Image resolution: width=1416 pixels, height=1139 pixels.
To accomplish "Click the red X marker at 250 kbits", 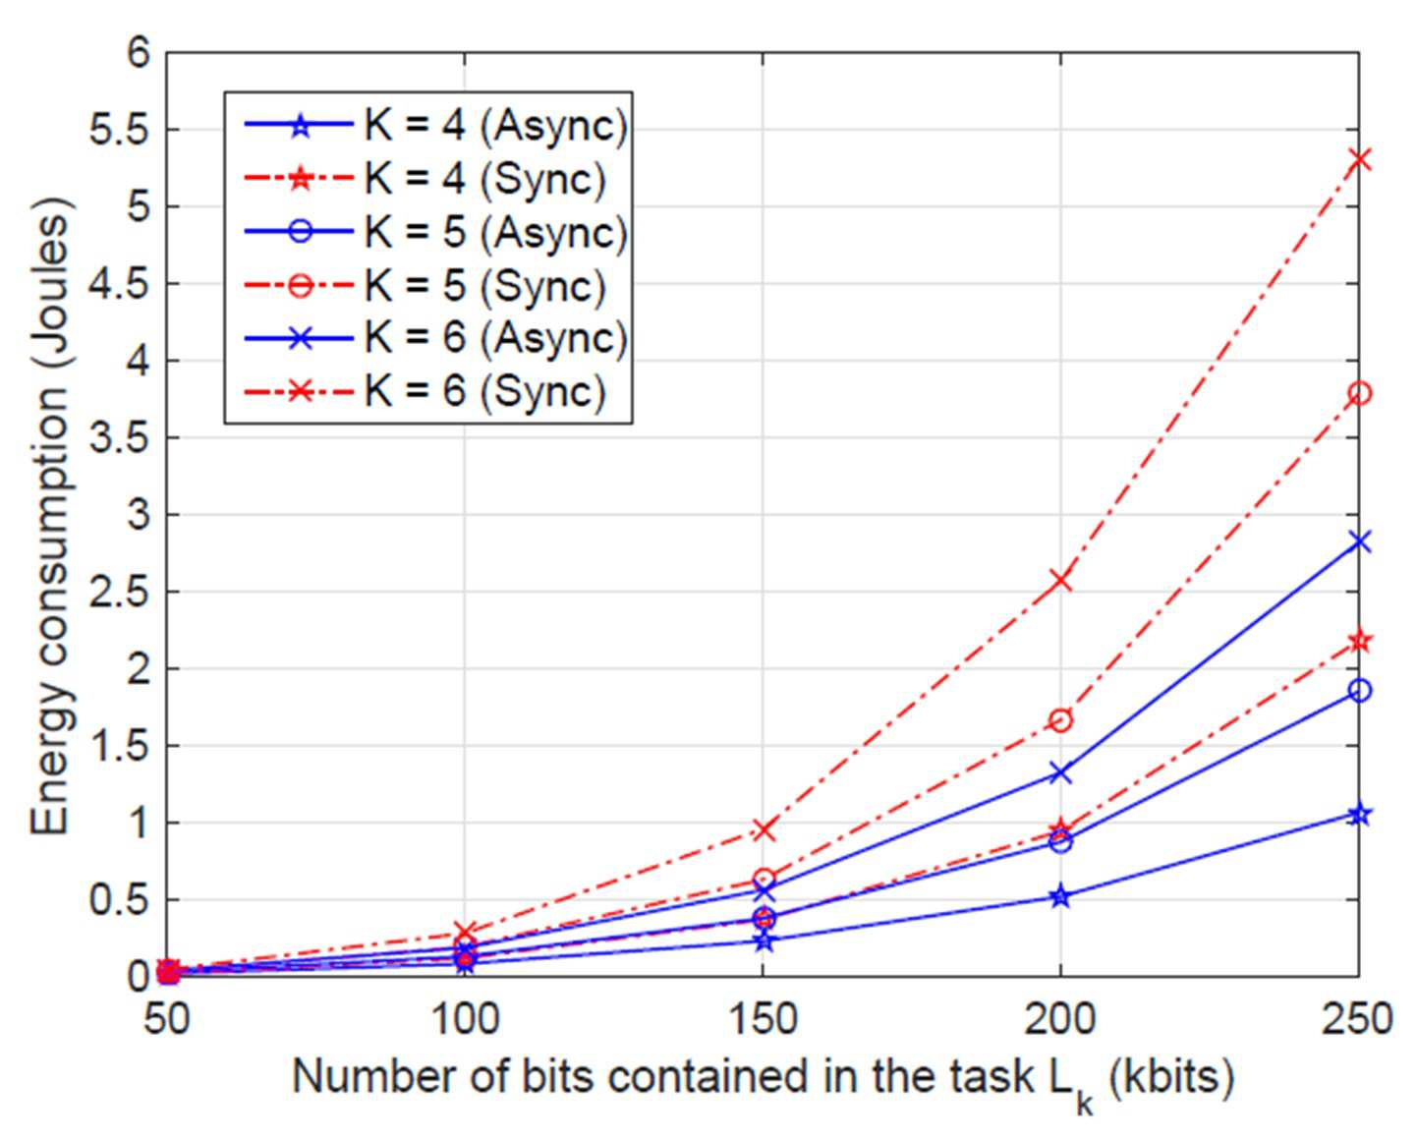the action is pyautogui.click(x=1359, y=160).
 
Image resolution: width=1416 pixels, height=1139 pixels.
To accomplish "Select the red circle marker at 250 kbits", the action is pyautogui.click(x=1359, y=394).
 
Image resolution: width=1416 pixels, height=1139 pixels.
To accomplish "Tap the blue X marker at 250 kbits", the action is pyautogui.click(x=1359, y=542).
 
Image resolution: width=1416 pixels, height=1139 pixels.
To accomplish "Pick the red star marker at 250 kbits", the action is pyautogui.click(x=1359, y=641).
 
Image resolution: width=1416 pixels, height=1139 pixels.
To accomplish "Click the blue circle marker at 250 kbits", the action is pyautogui.click(x=1359, y=690).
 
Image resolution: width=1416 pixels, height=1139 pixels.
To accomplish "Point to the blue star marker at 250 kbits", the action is pyautogui.click(x=1359, y=815).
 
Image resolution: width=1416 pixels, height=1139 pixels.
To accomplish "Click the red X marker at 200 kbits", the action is pyautogui.click(x=1061, y=581).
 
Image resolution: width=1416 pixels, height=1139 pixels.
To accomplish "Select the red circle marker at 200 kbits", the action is pyautogui.click(x=1061, y=720).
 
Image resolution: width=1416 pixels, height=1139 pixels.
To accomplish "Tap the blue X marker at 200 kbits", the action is pyautogui.click(x=1061, y=772).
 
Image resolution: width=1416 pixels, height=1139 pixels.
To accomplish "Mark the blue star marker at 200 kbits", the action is pyautogui.click(x=1061, y=896).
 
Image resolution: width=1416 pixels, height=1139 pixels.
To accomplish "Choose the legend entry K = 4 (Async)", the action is pyautogui.click(x=435, y=126).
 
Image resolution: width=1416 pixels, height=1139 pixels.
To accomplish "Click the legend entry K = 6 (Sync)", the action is pyautogui.click(x=425, y=392).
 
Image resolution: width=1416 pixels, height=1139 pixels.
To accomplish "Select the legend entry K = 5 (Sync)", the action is pyautogui.click(x=425, y=286).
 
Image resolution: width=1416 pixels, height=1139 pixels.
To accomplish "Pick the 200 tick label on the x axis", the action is pyautogui.click(x=1061, y=1019).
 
